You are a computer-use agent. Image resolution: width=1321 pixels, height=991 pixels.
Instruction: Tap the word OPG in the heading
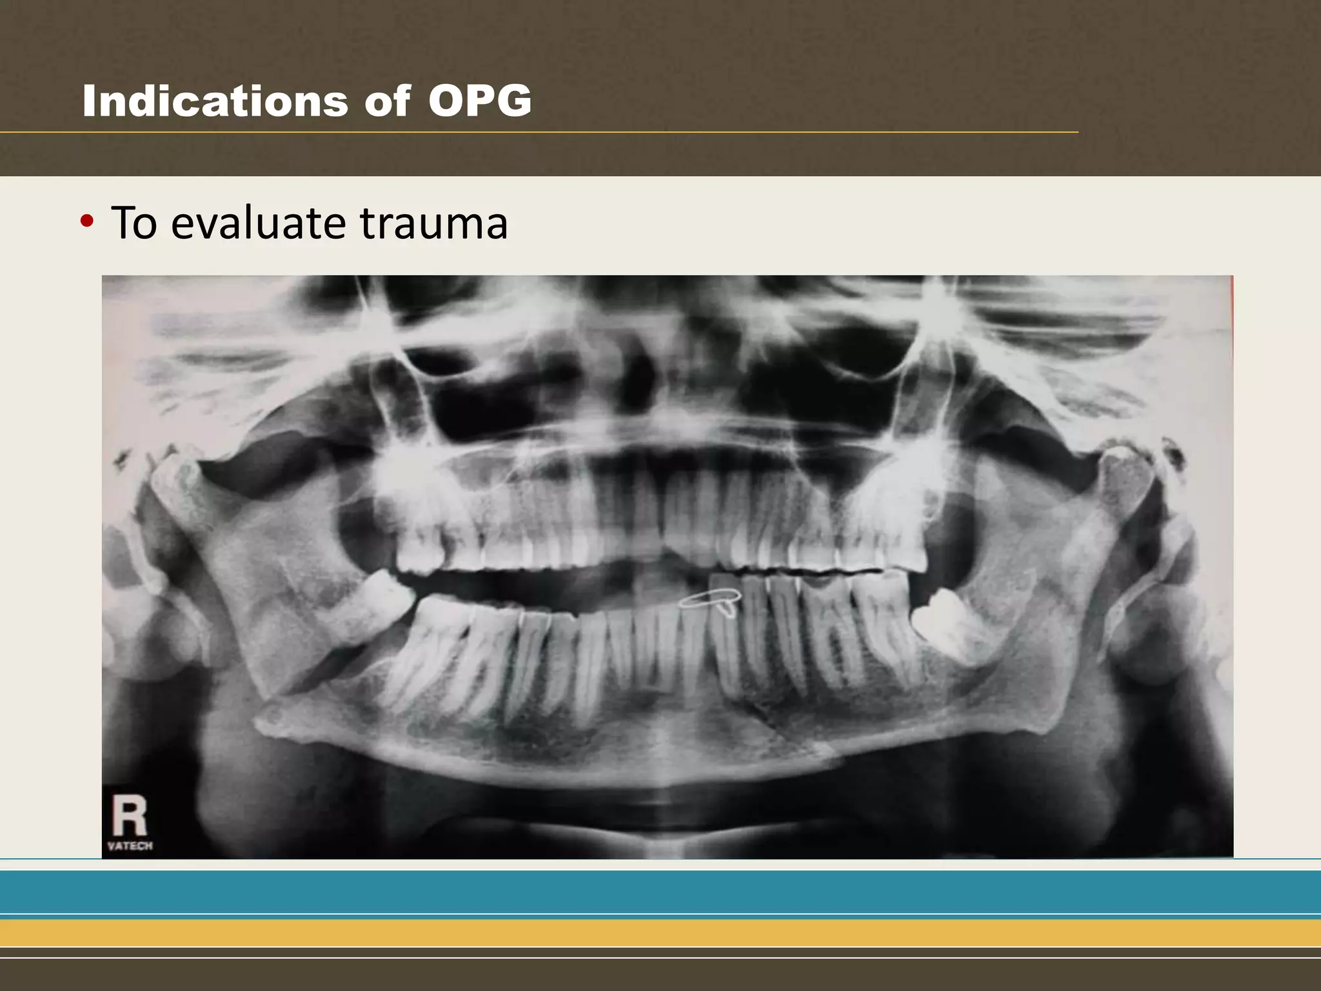(480, 101)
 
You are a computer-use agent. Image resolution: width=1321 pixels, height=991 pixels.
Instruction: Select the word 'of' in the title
(387, 101)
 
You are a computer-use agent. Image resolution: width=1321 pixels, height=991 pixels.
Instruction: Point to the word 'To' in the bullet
(134, 223)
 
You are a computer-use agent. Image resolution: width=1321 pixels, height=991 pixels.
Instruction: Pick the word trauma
(433, 223)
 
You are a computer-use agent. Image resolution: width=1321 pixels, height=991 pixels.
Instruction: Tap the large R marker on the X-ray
(129, 816)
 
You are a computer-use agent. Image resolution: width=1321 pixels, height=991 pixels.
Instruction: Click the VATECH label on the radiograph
(130, 846)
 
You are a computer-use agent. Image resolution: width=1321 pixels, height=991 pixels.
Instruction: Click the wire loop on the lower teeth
(711, 601)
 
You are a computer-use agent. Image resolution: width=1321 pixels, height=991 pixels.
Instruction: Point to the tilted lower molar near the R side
(381, 603)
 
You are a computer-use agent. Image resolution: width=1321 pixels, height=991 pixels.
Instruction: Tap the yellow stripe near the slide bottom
(660, 932)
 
